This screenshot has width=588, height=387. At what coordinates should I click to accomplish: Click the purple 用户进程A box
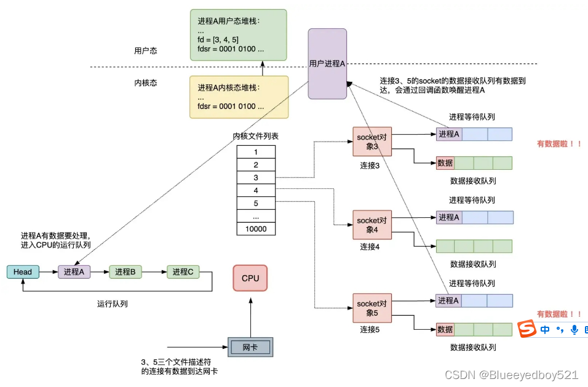[327, 63]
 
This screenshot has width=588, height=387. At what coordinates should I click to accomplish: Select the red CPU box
[250, 278]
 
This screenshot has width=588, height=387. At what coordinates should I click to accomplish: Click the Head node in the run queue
[23, 272]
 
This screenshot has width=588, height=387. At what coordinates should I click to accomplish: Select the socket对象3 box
[371, 142]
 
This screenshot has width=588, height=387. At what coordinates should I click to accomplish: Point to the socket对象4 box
[371, 225]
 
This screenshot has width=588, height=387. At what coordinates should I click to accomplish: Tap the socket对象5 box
[371, 308]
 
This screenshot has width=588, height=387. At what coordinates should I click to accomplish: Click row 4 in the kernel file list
[256, 191]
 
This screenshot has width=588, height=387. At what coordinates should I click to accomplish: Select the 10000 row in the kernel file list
[256, 229]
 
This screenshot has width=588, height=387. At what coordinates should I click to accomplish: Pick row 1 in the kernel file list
[256, 152]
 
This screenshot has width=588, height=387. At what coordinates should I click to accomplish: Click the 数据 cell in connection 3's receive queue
[445, 163]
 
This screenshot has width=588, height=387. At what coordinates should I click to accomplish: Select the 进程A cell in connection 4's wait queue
[448, 217]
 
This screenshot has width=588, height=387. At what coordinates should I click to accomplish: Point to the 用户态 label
[146, 50]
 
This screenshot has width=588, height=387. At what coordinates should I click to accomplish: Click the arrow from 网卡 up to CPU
[251, 316]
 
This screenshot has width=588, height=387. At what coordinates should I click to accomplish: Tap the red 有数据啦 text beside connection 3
[559, 144]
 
